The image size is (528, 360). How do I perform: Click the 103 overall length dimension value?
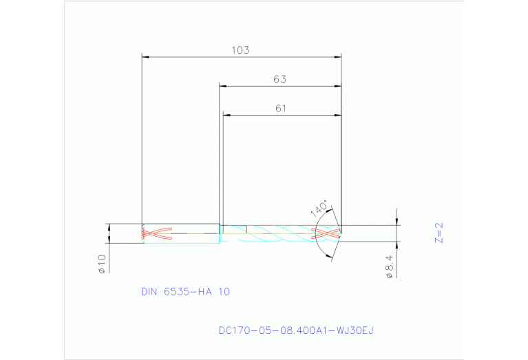[240, 50]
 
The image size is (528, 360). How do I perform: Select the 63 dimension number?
[279, 79]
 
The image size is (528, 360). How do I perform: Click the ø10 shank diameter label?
[101, 264]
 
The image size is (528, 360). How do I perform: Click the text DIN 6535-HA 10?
[185, 292]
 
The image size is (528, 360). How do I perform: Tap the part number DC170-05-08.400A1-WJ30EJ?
[295, 331]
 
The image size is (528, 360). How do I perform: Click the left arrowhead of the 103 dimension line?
[145, 57]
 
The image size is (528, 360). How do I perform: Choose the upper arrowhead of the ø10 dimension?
[109, 226]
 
